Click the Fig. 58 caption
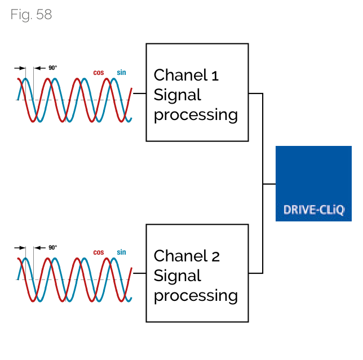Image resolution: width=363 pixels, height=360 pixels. click(x=31, y=15)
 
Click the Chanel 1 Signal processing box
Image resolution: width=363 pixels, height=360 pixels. click(x=197, y=92)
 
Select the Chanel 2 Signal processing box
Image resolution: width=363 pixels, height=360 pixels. click(x=197, y=273)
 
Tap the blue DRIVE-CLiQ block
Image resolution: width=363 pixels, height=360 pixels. click(x=313, y=183)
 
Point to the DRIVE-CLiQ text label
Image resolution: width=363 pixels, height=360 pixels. click(x=313, y=210)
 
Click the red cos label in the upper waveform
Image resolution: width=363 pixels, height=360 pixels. click(x=98, y=73)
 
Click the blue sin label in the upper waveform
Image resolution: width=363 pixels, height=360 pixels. click(x=121, y=73)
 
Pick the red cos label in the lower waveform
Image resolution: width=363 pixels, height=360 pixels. click(x=98, y=253)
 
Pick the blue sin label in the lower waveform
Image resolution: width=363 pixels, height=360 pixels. click(x=121, y=252)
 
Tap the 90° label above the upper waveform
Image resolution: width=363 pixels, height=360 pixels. click(x=52, y=68)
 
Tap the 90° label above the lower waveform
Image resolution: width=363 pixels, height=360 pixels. click(x=52, y=247)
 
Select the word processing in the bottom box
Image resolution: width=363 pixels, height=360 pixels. click(x=196, y=296)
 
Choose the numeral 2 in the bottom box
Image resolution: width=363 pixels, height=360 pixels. click(x=215, y=256)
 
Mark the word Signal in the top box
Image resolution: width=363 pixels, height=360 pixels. click(x=177, y=95)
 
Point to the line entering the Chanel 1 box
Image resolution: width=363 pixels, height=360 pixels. click(x=139, y=93)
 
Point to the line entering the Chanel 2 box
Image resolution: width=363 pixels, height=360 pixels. click(x=139, y=273)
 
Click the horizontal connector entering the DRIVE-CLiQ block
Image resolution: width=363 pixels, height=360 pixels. click(x=269, y=184)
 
